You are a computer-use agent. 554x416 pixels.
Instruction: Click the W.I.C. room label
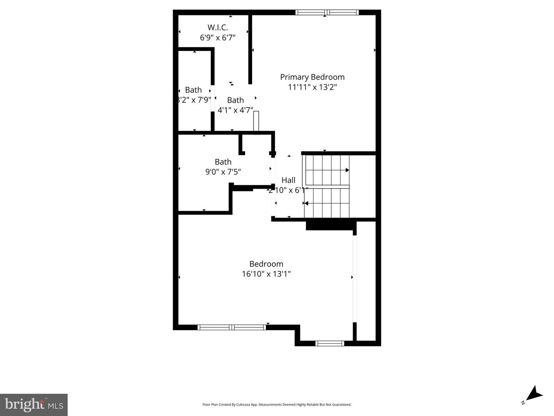click(218, 27)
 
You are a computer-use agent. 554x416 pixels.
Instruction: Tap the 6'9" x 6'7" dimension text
click(218, 37)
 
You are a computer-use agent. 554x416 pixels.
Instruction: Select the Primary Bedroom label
click(312, 77)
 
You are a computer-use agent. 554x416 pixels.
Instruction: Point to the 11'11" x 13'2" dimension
click(312, 87)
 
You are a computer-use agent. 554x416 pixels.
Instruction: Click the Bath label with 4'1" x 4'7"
click(235, 100)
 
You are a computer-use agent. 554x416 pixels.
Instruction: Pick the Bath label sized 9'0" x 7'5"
click(223, 162)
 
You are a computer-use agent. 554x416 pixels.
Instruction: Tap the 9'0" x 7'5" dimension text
click(223, 172)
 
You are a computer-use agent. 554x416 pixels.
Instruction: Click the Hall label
click(289, 180)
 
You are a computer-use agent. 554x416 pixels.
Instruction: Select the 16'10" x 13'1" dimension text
click(266, 274)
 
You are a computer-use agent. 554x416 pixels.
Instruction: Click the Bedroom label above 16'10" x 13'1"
click(266, 264)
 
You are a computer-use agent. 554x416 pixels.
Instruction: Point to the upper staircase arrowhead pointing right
click(347, 170)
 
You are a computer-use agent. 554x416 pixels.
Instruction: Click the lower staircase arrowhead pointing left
click(306, 203)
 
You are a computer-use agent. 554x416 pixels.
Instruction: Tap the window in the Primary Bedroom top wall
click(327, 12)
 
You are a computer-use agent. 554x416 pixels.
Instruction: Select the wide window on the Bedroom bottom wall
click(232, 327)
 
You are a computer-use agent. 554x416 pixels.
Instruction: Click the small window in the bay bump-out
click(329, 343)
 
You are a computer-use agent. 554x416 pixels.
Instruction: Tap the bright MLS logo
click(34, 404)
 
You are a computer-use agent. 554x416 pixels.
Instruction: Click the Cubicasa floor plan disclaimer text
click(277, 404)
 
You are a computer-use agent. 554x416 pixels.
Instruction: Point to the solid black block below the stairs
click(329, 225)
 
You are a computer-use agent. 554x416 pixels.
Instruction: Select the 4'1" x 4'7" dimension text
click(235, 110)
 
